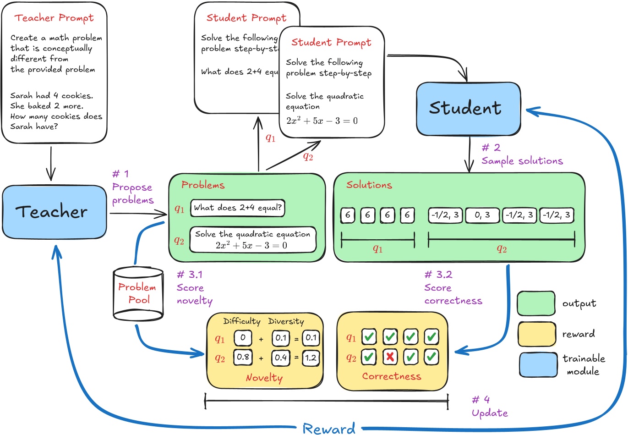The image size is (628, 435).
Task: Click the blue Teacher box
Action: coord(54,212)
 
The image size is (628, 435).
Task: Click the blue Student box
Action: coord(468,109)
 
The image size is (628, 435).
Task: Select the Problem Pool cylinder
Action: coord(138,294)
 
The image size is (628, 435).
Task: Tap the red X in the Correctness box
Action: coord(390,357)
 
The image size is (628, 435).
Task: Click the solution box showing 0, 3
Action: coord(482,215)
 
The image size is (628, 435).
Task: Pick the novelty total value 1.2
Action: coord(311,358)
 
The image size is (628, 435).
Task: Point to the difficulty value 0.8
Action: coord(243,357)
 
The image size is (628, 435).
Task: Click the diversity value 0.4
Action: coord(281,357)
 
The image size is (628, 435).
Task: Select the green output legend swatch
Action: coord(536,303)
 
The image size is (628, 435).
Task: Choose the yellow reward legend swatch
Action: coord(536,334)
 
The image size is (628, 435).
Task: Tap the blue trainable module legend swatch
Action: coord(538,365)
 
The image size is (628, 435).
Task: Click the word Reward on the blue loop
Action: coord(329,429)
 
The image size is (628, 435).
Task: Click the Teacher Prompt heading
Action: coord(54,18)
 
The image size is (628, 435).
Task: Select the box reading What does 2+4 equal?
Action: coord(237,208)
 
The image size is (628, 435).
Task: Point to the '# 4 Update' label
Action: coord(489,407)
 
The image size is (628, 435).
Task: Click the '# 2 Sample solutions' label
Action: coord(521,154)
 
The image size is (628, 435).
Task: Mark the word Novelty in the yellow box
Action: coord(264,378)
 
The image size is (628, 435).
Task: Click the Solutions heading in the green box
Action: coord(369,185)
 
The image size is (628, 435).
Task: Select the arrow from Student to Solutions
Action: coord(469,154)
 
